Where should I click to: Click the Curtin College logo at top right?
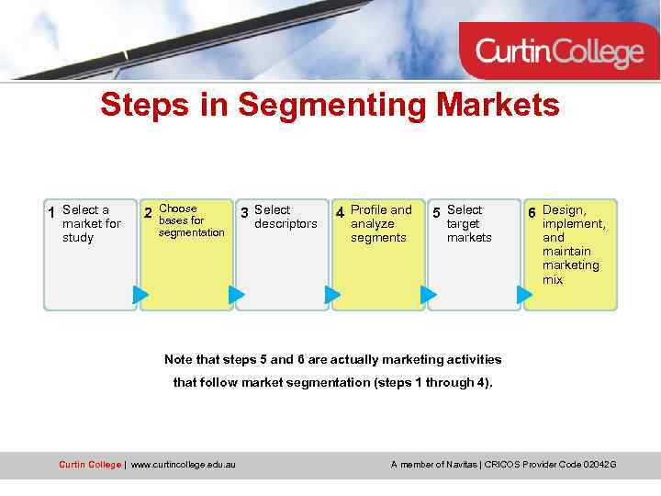coord(559,51)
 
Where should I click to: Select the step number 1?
coord(52,213)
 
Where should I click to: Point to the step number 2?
coord(148,213)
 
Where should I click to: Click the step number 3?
coord(244,213)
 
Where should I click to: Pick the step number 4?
coord(340,213)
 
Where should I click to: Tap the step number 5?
coord(436,213)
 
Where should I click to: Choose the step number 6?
coord(532,213)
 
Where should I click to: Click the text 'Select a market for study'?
coord(90,223)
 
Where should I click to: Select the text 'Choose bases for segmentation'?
coord(191,220)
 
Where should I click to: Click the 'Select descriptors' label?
coord(286,217)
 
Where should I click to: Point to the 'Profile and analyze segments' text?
coord(381,223)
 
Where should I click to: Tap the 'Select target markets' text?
coord(468,223)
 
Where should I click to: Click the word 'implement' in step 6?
coord(573,223)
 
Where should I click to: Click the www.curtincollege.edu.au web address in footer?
coord(183,465)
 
